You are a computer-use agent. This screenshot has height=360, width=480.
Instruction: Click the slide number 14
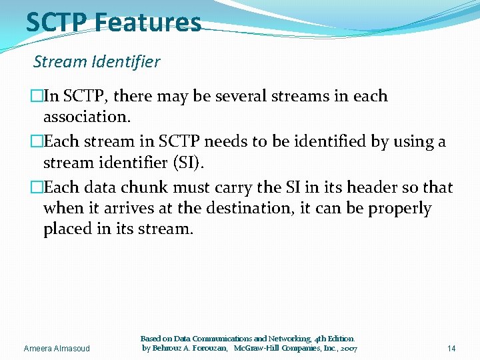point(451,349)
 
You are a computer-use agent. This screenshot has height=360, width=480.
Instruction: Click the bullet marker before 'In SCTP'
point(37,96)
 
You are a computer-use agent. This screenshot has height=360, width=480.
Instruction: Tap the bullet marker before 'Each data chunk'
point(37,187)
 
